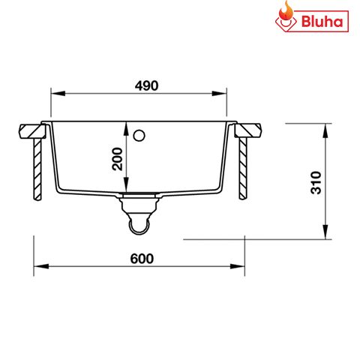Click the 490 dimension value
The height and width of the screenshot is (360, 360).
pyautogui.click(x=146, y=85)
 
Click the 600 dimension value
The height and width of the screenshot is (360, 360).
pyautogui.click(x=141, y=258)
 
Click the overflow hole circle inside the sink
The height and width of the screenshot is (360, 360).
pyautogui.click(x=138, y=136)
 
